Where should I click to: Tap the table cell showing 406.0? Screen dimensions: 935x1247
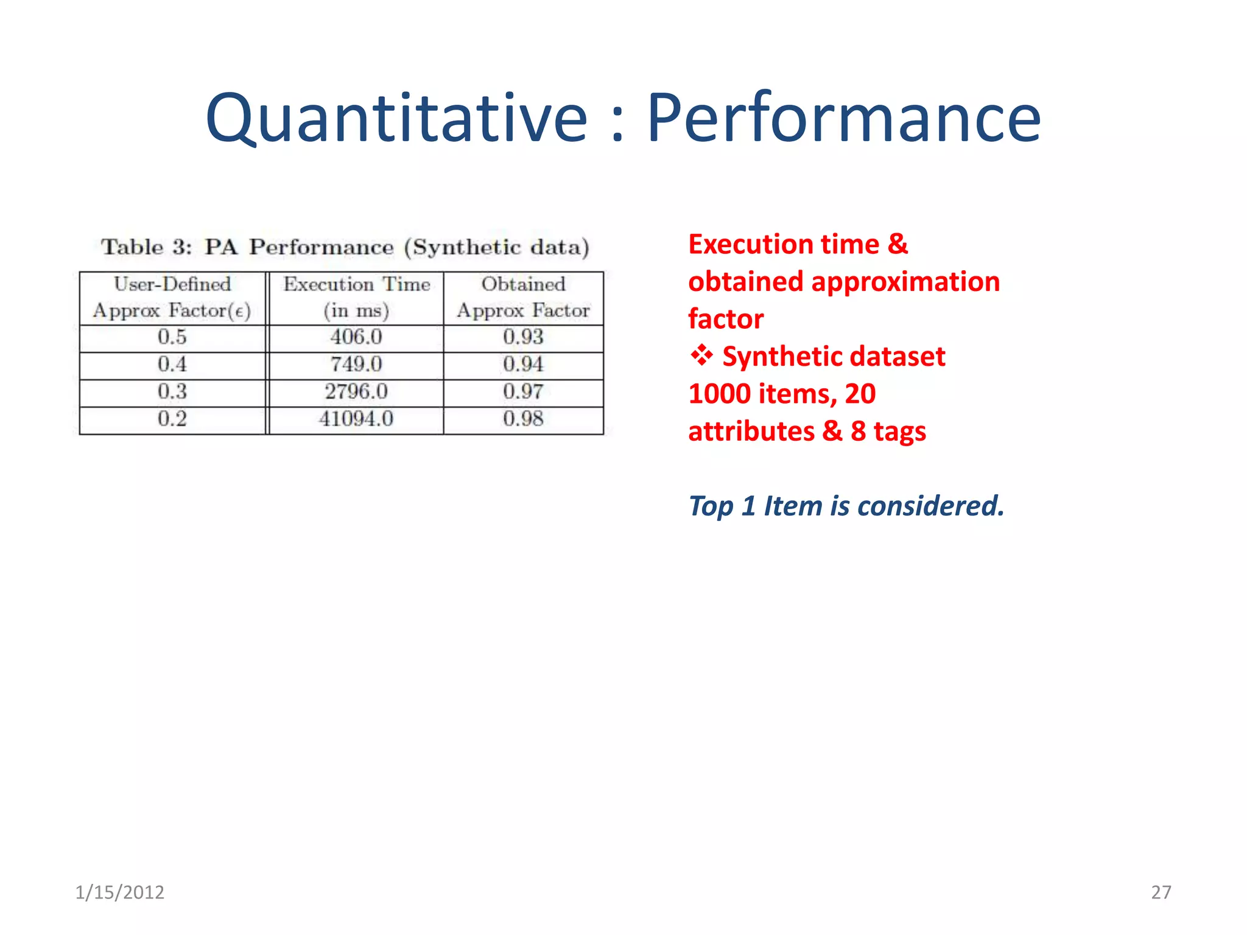pos(356,337)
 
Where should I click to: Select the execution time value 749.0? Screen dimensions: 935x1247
pos(356,365)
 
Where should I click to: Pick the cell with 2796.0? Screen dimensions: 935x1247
pos(356,391)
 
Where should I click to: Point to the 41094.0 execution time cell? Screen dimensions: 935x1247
pos(356,419)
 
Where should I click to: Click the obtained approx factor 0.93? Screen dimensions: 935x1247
pos(523,337)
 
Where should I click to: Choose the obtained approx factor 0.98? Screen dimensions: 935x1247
pos(523,419)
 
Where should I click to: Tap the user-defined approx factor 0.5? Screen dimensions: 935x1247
pos(172,337)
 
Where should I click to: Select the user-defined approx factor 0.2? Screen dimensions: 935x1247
pos(172,419)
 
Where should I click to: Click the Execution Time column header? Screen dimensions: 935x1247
pos(356,297)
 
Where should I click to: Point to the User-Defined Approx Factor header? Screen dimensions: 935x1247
pos(172,297)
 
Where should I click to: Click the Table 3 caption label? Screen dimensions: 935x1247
pos(146,247)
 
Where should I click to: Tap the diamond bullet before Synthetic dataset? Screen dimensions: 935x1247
pos(701,355)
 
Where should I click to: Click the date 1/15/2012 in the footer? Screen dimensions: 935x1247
pos(119,892)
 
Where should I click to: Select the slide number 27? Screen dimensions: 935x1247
pos(1161,892)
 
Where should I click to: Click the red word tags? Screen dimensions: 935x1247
pos(899,432)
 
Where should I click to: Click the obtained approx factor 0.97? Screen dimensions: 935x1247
pos(523,391)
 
